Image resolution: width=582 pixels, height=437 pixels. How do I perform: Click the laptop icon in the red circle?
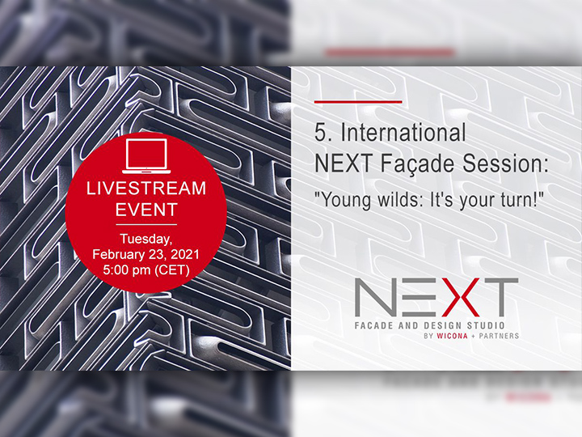tap(146, 156)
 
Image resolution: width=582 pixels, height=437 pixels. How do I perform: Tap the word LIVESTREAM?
tap(146, 188)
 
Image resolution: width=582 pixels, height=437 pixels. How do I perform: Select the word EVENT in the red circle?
tap(146, 210)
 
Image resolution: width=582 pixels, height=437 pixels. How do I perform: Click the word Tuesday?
tap(145, 240)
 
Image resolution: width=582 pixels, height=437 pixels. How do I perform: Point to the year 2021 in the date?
tap(185, 254)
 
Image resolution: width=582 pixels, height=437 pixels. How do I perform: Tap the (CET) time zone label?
tap(171, 269)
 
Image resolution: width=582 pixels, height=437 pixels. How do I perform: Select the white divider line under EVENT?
tap(146, 225)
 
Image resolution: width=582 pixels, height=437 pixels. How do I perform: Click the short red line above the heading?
tap(358, 101)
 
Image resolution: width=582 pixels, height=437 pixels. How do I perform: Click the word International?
tap(403, 132)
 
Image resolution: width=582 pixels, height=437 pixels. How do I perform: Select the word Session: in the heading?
tap(505, 163)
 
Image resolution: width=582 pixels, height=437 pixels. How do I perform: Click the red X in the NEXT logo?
tap(458, 297)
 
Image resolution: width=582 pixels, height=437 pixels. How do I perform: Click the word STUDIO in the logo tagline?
tap(486, 326)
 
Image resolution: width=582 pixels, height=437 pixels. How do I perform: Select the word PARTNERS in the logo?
tap(499, 336)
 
